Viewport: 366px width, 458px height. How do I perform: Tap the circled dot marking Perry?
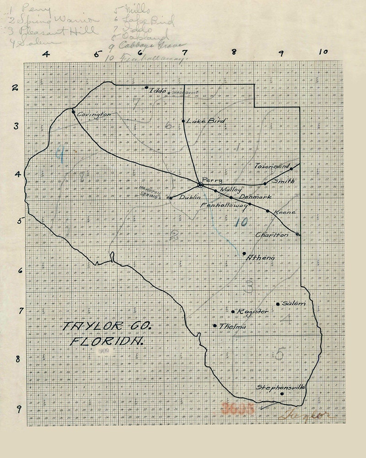200,185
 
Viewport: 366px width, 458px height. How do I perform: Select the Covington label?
94,114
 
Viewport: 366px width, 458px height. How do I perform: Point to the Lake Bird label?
200,120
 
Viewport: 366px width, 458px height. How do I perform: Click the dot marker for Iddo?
146,87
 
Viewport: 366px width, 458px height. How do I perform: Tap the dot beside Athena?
244,253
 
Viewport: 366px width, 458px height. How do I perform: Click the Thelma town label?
233,327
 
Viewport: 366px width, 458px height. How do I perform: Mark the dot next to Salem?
278,304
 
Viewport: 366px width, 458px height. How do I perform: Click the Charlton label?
272,235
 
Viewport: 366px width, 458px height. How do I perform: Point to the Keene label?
285,213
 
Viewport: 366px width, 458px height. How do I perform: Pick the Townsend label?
272,167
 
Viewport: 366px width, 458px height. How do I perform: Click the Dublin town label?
188,197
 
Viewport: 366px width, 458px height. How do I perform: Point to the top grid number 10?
323,51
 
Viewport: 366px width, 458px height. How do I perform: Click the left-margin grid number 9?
19,409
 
